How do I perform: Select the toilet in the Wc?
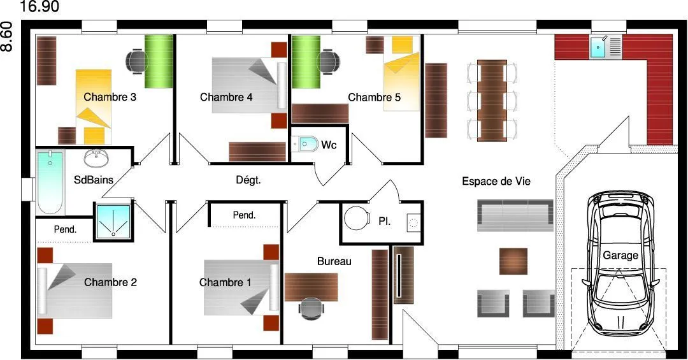point(306,144)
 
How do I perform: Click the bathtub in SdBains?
point(50,182)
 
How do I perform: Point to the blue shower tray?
point(113,222)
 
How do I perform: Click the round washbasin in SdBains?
point(96,159)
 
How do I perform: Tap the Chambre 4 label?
point(226,97)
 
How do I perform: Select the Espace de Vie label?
point(496,182)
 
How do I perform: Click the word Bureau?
point(334,261)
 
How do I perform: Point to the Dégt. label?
point(248,180)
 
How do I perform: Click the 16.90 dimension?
point(40,6)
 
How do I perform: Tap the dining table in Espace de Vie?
point(492,101)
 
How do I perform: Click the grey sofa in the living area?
point(515,215)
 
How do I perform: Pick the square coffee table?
point(513,261)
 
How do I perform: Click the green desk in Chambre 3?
point(159,61)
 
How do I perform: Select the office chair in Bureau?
point(311,308)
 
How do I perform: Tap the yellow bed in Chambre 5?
point(401,73)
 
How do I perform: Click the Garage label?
point(620,255)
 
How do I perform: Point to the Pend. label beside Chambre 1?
point(244,215)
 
